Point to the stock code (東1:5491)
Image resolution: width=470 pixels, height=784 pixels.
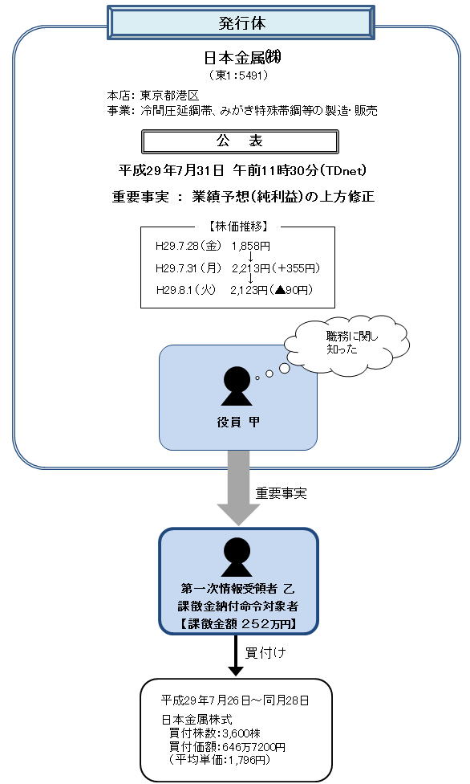coord(238,76)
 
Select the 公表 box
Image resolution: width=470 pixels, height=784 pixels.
coord(239,141)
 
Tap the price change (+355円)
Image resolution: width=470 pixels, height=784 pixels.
coord(298,267)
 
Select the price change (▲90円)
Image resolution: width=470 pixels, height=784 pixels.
coord(293,290)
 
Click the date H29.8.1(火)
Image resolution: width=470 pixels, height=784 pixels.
coord(182,290)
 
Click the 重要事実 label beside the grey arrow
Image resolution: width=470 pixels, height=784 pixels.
coord(282,493)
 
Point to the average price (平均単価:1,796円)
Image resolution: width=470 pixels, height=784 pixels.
coord(217,759)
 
